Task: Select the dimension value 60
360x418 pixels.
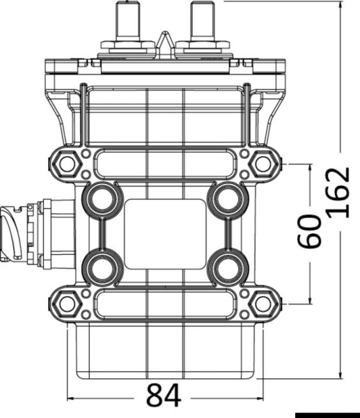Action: point(309,233)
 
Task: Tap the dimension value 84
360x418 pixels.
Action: point(164,396)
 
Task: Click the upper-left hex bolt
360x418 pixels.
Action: point(67,164)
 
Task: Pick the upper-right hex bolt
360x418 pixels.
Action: point(263,164)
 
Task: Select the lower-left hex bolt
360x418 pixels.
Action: point(67,303)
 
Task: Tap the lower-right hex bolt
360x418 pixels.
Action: point(263,303)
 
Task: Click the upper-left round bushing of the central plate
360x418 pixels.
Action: point(102,199)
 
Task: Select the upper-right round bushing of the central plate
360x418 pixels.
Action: point(227,199)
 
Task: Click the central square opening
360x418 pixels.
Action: point(165,233)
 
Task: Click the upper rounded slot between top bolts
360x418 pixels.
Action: point(165,164)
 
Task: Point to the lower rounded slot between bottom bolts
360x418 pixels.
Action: point(165,303)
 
